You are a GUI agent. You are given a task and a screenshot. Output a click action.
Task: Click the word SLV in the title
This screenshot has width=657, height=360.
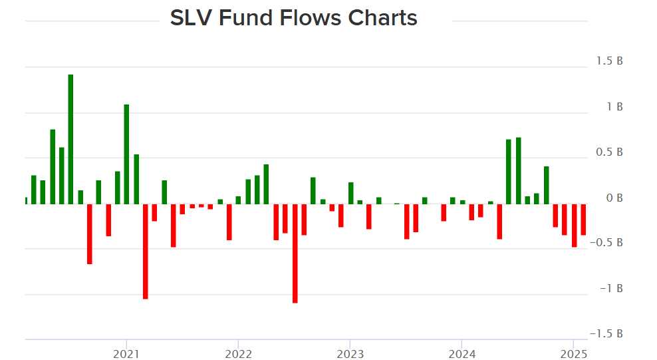click(x=190, y=18)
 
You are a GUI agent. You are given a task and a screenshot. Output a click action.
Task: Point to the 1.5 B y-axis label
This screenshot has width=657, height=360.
click(x=609, y=61)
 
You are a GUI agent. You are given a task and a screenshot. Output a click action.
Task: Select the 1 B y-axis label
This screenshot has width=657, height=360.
click(x=613, y=106)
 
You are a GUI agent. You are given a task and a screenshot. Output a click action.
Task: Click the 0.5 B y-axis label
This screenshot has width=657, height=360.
click(x=609, y=152)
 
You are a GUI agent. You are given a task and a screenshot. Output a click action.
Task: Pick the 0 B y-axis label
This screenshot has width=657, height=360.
click(x=613, y=198)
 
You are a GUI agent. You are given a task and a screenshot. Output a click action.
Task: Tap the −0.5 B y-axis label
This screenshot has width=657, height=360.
click(x=607, y=243)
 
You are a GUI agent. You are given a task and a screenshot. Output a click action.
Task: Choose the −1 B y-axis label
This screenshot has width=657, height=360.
click(x=611, y=288)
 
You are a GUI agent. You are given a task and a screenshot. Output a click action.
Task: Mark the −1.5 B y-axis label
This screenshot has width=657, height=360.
click(x=607, y=333)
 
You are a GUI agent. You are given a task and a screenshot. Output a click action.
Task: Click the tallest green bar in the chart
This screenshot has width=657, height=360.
click(x=70, y=139)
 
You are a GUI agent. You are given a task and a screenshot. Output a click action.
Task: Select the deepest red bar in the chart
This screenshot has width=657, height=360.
click(x=295, y=253)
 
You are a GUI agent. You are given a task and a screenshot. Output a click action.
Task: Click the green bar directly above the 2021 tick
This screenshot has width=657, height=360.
click(x=126, y=154)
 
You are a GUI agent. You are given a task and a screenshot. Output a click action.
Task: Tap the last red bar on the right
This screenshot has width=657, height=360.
click(x=583, y=219)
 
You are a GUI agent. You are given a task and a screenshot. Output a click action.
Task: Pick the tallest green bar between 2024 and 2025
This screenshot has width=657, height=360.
click(x=518, y=170)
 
